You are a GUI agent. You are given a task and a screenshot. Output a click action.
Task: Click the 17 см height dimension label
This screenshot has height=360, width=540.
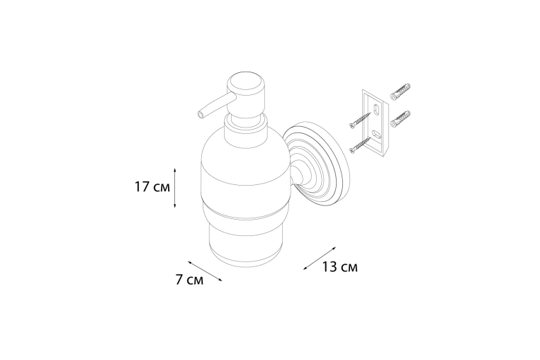[x=152, y=187]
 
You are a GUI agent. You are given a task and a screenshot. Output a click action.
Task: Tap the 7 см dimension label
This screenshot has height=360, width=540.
[x=189, y=280]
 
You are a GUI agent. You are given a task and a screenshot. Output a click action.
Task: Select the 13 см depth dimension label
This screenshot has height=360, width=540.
[x=340, y=266]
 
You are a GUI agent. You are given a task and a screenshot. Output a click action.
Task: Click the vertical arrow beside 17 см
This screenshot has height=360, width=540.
[x=175, y=188]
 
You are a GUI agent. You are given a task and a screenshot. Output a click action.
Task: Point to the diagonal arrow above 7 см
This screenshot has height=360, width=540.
[x=205, y=271]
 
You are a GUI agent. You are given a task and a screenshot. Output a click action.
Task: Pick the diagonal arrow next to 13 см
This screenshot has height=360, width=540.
[x=320, y=258]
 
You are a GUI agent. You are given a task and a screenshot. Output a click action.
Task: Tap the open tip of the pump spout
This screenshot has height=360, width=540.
[x=200, y=116]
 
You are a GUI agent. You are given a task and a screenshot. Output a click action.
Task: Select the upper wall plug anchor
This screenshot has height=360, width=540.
[x=400, y=91]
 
